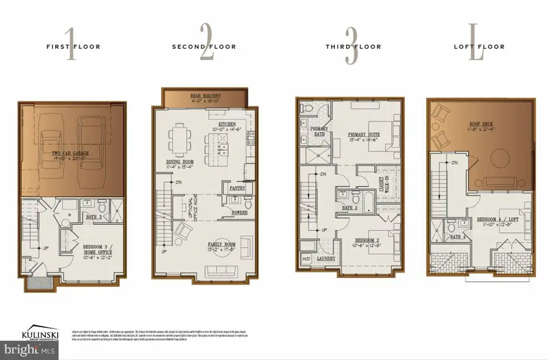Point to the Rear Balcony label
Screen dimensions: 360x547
204,95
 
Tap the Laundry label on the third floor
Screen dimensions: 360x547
328,257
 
